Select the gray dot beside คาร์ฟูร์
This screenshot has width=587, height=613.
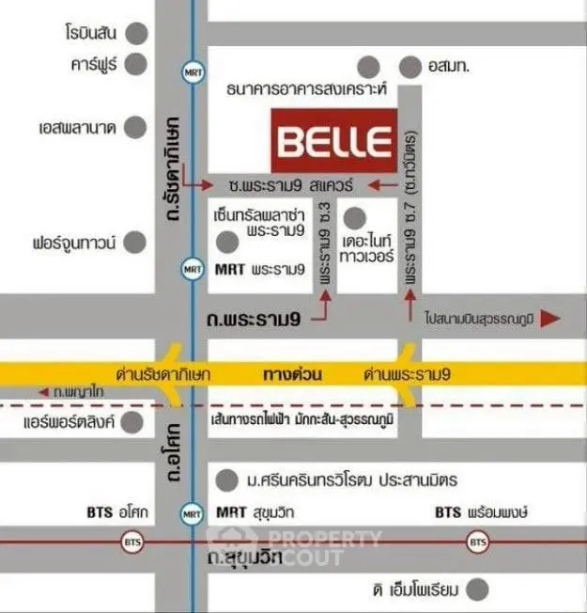138,65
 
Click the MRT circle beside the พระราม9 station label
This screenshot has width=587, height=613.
192,269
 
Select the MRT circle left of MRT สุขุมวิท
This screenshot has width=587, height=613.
192,514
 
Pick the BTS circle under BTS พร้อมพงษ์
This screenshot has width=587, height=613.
477,542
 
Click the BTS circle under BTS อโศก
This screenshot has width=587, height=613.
130,542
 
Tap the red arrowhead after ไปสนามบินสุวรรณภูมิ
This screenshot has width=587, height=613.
550,319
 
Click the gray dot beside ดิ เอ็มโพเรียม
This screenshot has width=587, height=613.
480,590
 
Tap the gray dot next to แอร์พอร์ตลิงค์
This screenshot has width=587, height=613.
138,421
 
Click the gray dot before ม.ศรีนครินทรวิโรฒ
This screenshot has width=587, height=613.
225,480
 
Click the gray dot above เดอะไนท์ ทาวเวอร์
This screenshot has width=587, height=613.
353,219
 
